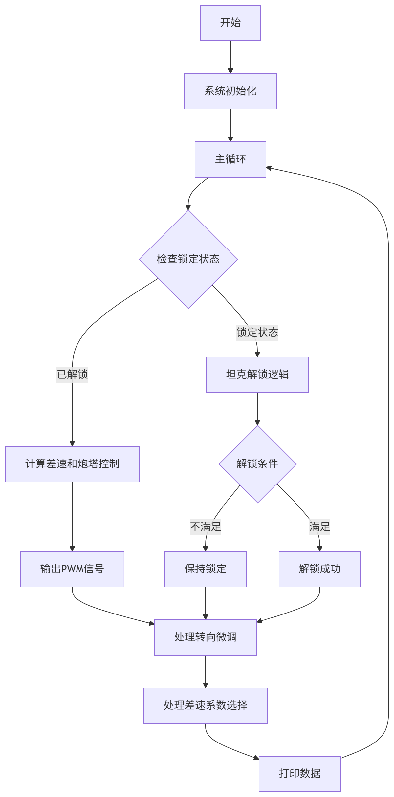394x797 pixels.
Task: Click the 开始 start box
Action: click(x=230, y=23)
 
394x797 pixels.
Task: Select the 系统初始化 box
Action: click(x=230, y=91)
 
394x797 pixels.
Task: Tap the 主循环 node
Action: click(x=230, y=160)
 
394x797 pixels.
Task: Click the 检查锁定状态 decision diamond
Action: click(x=188, y=259)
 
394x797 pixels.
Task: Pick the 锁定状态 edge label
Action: click(x=257, y=333)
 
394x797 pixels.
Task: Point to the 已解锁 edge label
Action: click(x=72, y=375)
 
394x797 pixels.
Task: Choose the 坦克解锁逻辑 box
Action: click(x=257, y=375)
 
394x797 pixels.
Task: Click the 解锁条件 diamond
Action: click(x=257, y=464)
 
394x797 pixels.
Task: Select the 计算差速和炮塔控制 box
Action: click(x=72, y=464)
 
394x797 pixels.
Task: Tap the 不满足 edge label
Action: click(x=206, y=527)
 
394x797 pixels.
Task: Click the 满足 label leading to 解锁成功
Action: click(x=319, y=527)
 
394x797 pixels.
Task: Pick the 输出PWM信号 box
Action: click(x=72, y=569)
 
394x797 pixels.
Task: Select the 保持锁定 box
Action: click(x=206, y=569)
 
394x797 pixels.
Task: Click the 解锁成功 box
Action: click(x=319, y=569)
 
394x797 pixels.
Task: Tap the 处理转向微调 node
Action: click(x=206, y=637)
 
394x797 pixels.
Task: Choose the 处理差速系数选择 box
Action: click(x=206, y=705)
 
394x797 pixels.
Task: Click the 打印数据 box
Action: click(x=299, y=774)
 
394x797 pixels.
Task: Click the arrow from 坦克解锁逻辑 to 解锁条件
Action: click(x=257, y=409)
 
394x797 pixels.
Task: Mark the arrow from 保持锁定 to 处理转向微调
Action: click(x=206, y=603)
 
